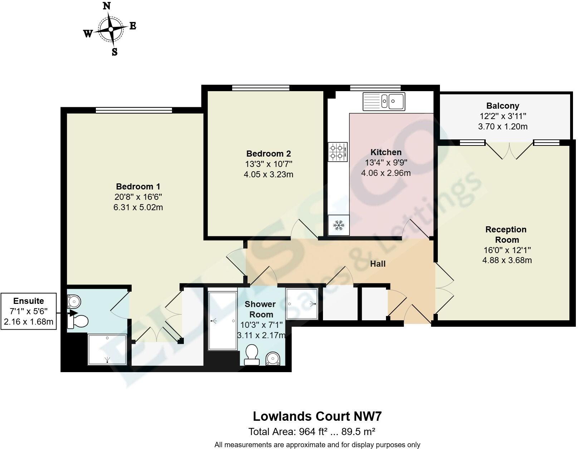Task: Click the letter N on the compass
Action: [x=107, y=6]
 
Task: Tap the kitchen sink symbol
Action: [x=384, y=101]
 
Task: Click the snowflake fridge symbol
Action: [x=338, y=225]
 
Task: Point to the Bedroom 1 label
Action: [x=138, y=186]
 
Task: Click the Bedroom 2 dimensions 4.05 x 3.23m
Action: [x=268, y=174]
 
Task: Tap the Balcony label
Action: [x=503, y=106]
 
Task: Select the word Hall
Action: [x=378, y=264]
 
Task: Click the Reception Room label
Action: [x=506, y=235]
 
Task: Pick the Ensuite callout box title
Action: [x=29, y=301]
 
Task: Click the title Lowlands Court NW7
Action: [x=317, y=416]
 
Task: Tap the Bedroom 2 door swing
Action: [x=304, y=229]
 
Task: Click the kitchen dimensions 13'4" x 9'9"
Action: [x=386, y=163]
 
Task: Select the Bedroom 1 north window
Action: [x=134, y=110]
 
